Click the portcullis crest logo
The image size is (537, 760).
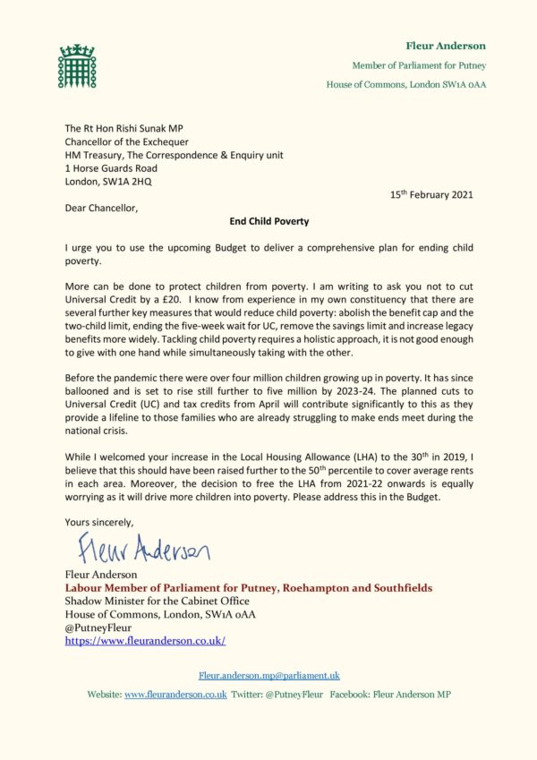click(x=76, y=65)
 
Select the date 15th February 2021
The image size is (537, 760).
click(x=431, y=194)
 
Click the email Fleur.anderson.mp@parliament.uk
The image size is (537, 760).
click(x=268, y=676)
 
